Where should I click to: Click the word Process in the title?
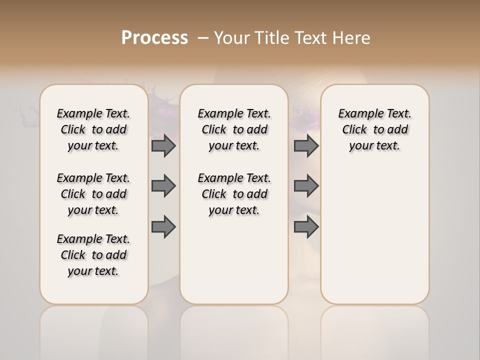(154, 38)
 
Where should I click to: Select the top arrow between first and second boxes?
(163, 146)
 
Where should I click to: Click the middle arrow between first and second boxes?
(163, 186)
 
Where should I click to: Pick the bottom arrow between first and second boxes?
(163, 227)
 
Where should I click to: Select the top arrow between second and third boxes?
(306, 146)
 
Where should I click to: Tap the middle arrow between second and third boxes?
(306, 186)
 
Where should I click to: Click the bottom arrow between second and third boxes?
(306, 227)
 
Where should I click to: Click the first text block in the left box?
(93, 129)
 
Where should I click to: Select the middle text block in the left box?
(93, 194)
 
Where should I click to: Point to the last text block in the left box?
(93, 255)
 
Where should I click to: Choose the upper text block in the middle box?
(234, 129)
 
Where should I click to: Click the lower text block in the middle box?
(234, 194)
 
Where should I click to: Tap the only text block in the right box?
(375, 129)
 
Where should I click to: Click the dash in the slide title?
(203, 38)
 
